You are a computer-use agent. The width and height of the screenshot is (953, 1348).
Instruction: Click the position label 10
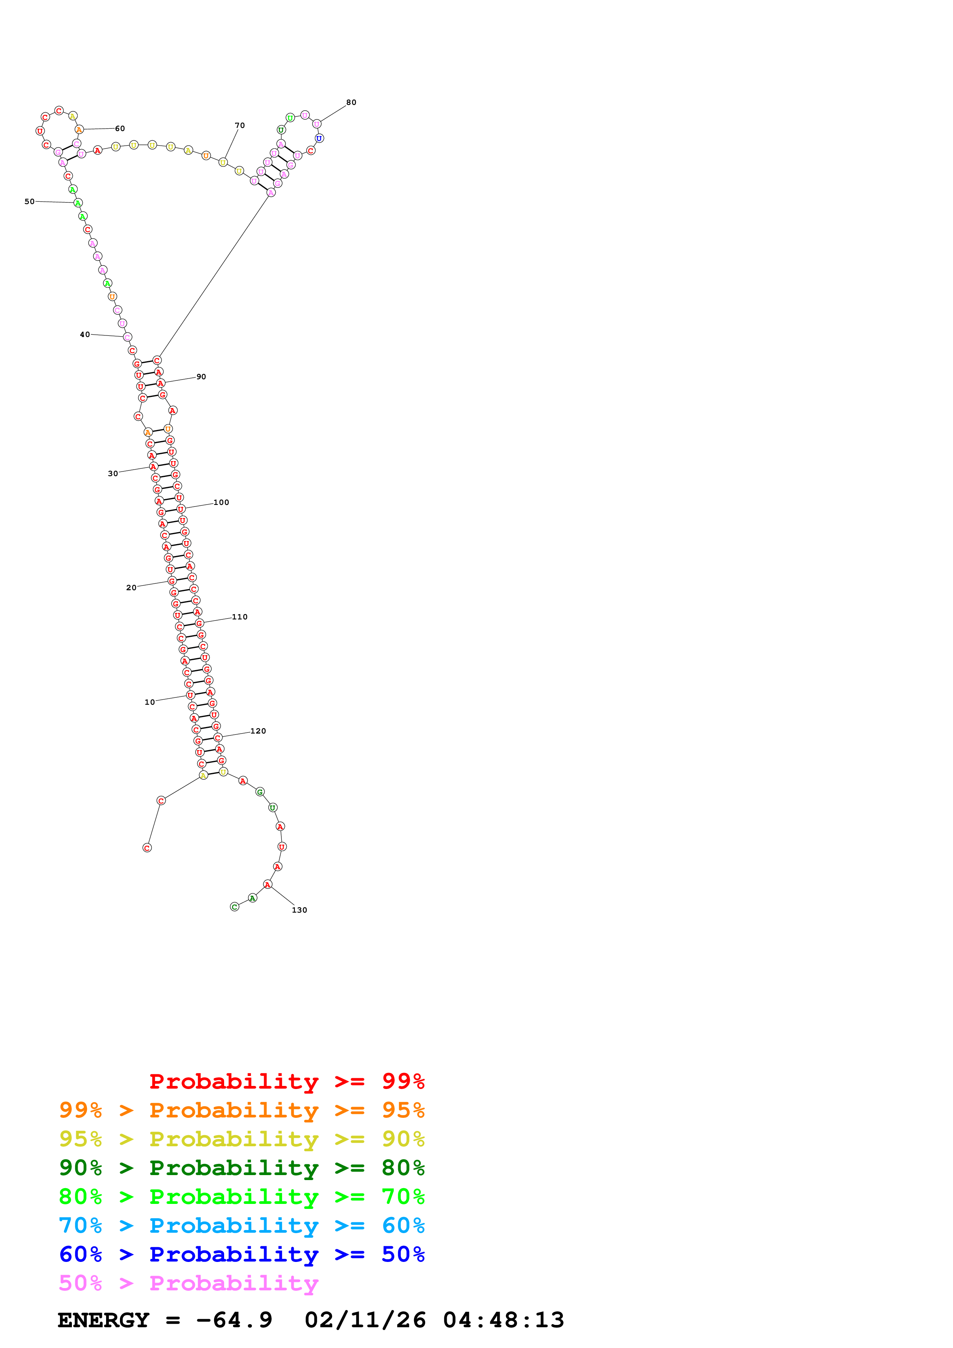pyautogui.click(x=149, y=702)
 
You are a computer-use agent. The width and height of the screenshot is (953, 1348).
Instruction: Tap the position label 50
pyautogui.click(x=29, y=201)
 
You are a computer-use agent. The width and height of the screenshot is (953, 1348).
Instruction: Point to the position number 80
pyautogui.click(x=351, y=102)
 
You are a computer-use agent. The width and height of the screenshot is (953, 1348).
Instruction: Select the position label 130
pyautogui.click(x=299, y=910)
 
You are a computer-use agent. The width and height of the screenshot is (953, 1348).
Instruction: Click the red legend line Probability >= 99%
pyautogui.click(x=286, y=1081)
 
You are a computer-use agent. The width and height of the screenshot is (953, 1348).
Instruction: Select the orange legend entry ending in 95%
pyautogui.click(x=241, y=1110)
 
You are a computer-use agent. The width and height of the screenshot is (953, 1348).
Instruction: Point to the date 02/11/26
pyautogui.click(x=365, y=1320)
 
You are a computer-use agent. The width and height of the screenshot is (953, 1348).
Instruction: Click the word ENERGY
pyautogui.click(x=103, y=1320)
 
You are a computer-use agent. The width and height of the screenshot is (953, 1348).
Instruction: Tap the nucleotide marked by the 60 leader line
pyautogui.click(x=79, y=129)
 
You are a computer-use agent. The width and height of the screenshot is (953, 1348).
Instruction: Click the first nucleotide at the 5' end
pyautogui.click(x=147, y=848)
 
